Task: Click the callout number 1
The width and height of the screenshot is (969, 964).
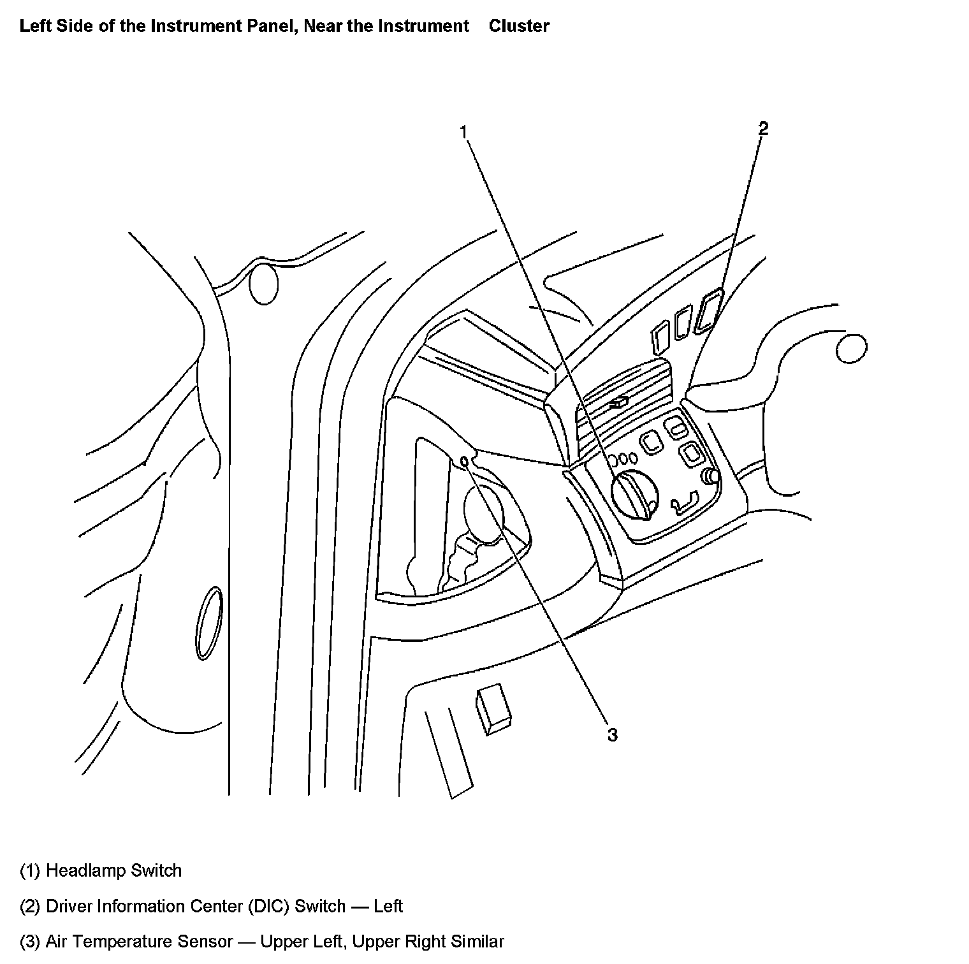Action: click(x=465, y=132)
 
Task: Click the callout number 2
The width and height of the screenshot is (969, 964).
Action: click(x=763, y=129)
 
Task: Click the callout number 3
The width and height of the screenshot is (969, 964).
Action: click(x=612, y=735)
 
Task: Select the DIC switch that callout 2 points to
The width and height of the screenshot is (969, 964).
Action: click(x=709, y=310)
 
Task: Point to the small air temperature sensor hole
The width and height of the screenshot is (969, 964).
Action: click(x=465, y=461)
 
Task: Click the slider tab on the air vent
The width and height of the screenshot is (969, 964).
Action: click(x=618, y=402)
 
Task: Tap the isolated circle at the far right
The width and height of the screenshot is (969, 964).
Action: click(x=850, y=349)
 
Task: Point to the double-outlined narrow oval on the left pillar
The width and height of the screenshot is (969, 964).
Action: click(x=209, y=623)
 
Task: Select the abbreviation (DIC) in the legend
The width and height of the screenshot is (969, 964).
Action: click(x=268, y=906)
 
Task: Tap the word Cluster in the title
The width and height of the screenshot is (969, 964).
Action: click(x=519, y=26)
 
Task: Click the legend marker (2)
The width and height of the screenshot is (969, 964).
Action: click(x=31, y=906)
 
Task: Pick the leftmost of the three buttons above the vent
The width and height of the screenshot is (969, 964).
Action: click(x=659, y=336)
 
